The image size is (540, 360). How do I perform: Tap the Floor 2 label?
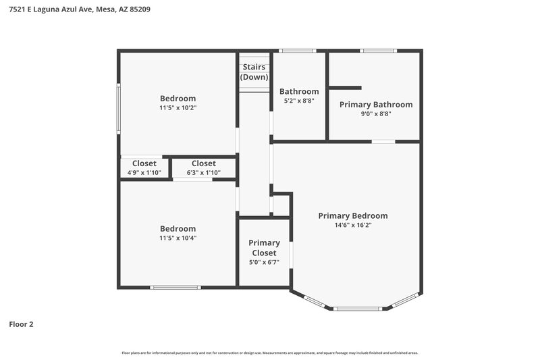tap(21, 324)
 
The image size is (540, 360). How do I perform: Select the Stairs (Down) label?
tap(254, 72)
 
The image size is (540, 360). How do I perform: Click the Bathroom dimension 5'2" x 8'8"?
tap(299, 101)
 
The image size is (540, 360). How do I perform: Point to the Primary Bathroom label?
tap(376, 105)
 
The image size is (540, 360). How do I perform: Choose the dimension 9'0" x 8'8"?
tap(376, 114)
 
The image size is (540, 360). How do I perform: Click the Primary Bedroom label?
tap(353, 216)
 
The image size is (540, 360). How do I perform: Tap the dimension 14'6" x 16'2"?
tap(353, 226)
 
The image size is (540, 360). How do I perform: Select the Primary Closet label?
tap(264, 248)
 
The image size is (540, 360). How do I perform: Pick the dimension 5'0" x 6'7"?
tap(264, 263)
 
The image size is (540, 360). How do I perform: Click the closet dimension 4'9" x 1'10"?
tap(144, 173)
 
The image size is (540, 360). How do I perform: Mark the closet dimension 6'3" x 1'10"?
tap(203, 173)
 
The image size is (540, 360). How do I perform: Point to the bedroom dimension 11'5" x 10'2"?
tap(178, 108)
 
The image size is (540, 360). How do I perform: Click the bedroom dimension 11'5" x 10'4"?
tap(178, 238)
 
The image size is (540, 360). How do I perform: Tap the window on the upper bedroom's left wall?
tap(119, 107)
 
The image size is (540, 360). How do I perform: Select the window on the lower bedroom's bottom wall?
tap(176, 288)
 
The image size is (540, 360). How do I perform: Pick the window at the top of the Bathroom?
tap(298, 51)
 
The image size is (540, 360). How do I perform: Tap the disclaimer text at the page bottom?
tap(270, 353)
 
